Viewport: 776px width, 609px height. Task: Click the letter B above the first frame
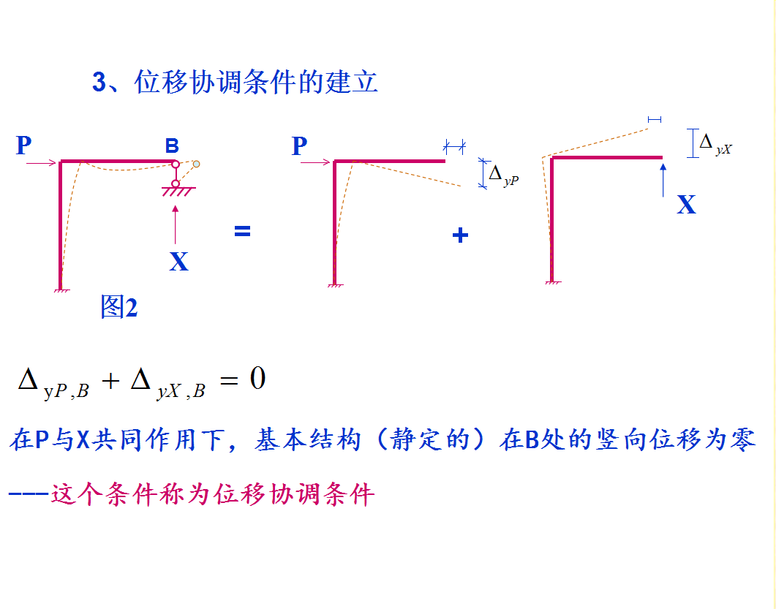[x=172, y=146]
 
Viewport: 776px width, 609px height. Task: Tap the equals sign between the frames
[x=242, y=231]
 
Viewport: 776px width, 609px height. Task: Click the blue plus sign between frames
[x=460, y=235]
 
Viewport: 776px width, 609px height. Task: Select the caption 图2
[x=118, y=307]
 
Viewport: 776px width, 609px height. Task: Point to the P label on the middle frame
[x=299, y=146]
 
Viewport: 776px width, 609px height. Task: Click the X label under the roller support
[x=178, y=261]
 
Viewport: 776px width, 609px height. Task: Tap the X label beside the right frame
[x=686, y=205]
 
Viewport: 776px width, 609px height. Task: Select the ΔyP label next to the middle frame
[x=503, y=175]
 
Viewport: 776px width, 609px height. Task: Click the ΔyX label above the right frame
[x=715, y=143]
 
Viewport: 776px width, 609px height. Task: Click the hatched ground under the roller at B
[x=176, y=192]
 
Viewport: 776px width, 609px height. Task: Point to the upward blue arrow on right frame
[x=663, y=180]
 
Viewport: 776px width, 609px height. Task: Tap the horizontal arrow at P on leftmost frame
[x=41, y=162]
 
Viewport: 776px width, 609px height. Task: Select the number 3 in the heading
[x=99, y=83]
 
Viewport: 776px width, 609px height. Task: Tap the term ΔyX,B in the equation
[x=167, y=383]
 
